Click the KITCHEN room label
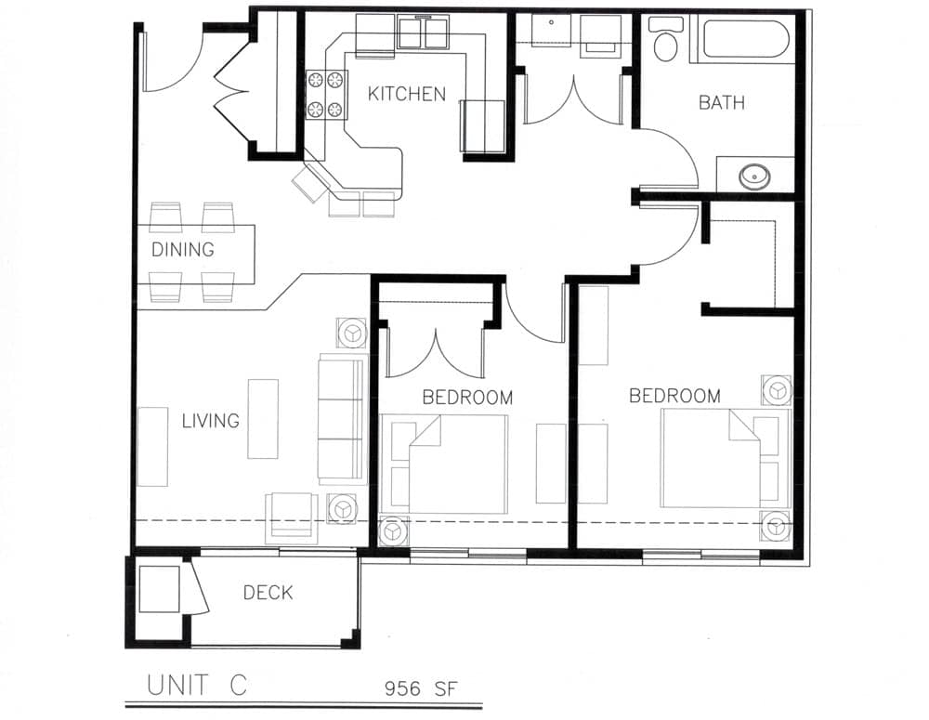[x=406, y=94]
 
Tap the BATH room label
[x=721, y=102]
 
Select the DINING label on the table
[x=183, y=250]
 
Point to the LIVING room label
[x=210, y=421]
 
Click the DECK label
[x=268, y=592]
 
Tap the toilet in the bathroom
[x=665, y=40]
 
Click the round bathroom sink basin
[x=753, y=175]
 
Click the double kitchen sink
[x=424, y=34]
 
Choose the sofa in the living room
[x=343, y=418]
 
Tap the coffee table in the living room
[x=263, y=418]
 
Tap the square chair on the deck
[x=159, y=589]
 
